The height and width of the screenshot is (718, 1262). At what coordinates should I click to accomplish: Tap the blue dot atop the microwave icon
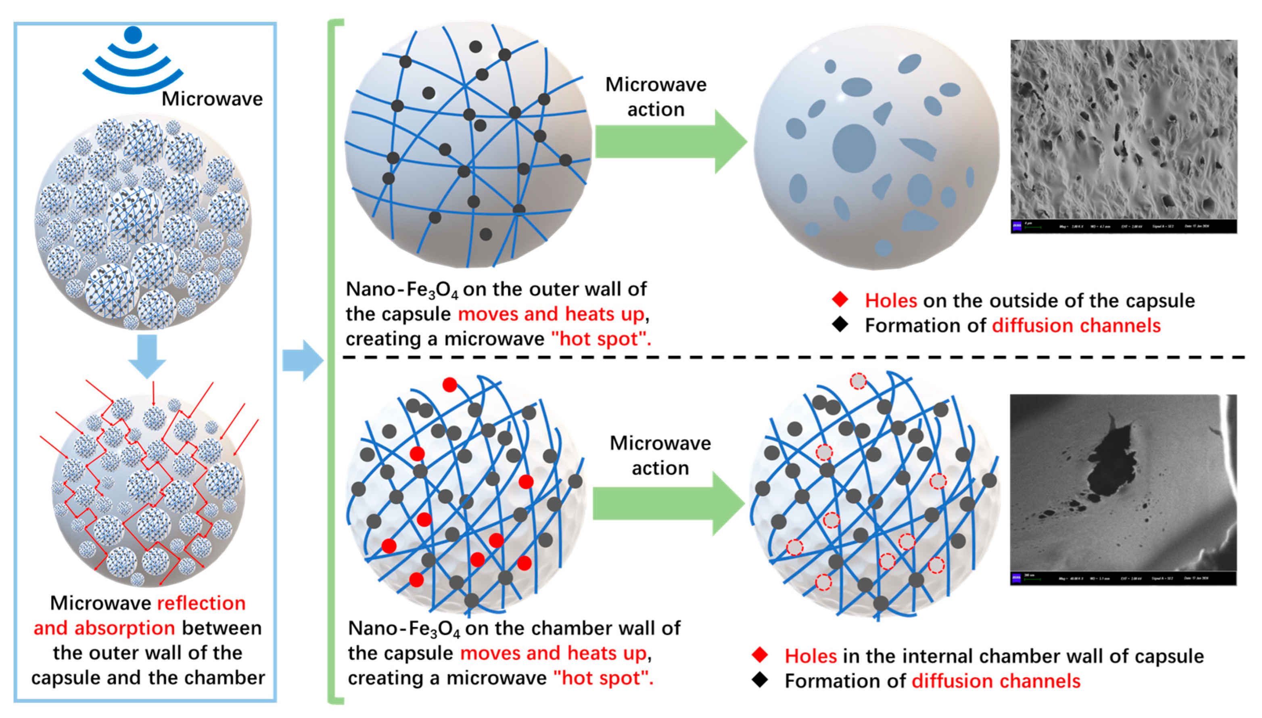pyautogui.click(x=133, y=35)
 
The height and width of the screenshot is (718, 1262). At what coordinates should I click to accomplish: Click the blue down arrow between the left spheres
pyautogui.click(x=147, y=355)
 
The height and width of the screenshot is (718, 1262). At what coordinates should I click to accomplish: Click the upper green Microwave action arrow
pyautogui.click(x=671, y=142)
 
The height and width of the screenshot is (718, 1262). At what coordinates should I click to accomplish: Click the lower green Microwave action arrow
pyautogui.click(x=668, y=503)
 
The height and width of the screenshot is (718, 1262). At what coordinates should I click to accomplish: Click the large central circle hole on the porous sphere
pyautogui.click(x=854, y=148)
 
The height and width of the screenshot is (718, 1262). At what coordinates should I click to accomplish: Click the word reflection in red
pyautogui.click(x=201, y=603)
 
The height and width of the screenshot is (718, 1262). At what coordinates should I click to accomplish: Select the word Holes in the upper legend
pyautogui.click(x=891, y=300)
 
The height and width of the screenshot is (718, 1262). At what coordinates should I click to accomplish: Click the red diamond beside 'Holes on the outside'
pyautogui.click(x=840, y=299)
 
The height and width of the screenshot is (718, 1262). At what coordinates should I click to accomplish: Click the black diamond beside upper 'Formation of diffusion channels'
pyautogui.click(x=840, y=324)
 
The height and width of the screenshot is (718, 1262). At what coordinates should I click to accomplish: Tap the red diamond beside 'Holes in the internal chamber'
pyautogui.click(x=760, y=655)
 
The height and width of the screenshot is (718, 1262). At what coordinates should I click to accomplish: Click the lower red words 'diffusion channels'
pyautogui.click(x=996, y=681)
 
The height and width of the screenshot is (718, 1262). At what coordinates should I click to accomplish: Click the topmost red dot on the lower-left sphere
pyautogui.click(x=449, y=385)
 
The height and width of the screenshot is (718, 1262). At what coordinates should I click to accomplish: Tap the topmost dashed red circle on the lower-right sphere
pyautogui.click(x=858, y=381)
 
